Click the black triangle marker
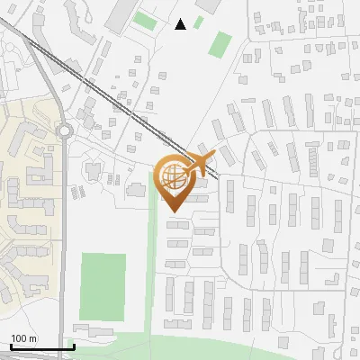pyautogui.click(x=180, y=24)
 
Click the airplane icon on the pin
pyautogui.click(x=199, y=164)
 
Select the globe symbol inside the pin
pyautogui.click(x=175, y=178)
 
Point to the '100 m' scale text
pyautogui.click(x=23, y=338)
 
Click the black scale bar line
pyautogui.click(x=42, y=347)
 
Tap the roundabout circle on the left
pyautogui.click(x=64, y=131)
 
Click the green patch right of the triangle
pyautogui.click(x=220, y=43)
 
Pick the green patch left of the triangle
pyautogui.click(x=144, y=21)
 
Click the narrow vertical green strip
pyautogui.click(x=154, y=252)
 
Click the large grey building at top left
pyautogui.click(x=120, y=16)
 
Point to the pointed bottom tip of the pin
pyautogui.click(x=175, y=211)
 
